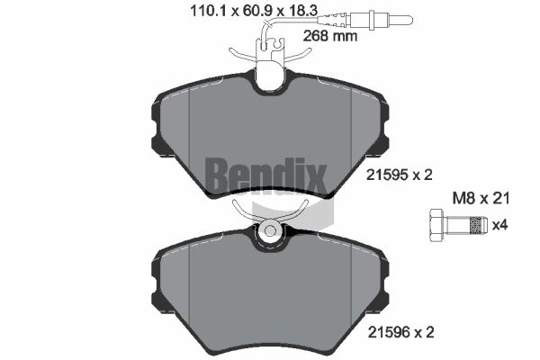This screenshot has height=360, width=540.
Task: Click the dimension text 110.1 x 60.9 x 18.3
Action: click(x=254, y=11)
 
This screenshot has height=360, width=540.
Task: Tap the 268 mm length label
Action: click(x=330, y=35)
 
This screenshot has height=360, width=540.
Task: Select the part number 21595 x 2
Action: click(x=399, y=175)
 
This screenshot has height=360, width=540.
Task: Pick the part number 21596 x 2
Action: click(x=401, y=332)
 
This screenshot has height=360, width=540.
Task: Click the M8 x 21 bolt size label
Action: click(x=481, y=198)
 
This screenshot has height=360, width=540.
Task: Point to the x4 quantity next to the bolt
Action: click(x=499, y=225)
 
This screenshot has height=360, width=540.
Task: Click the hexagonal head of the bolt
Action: click(x=436, y=226)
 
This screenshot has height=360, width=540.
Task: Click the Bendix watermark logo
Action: click(x=265, y=176)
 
